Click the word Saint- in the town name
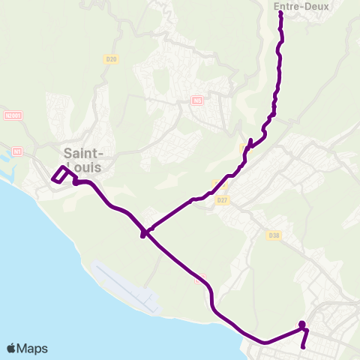83,149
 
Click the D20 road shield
112,59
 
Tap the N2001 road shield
13,116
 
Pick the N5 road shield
197,100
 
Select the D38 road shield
274,235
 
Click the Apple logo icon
11,348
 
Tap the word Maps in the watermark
33,348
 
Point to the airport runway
127,287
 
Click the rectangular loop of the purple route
61,174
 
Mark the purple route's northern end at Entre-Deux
280,13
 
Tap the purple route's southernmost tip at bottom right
302,347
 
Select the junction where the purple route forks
144,233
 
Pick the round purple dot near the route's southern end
302,325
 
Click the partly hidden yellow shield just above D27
220,185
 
